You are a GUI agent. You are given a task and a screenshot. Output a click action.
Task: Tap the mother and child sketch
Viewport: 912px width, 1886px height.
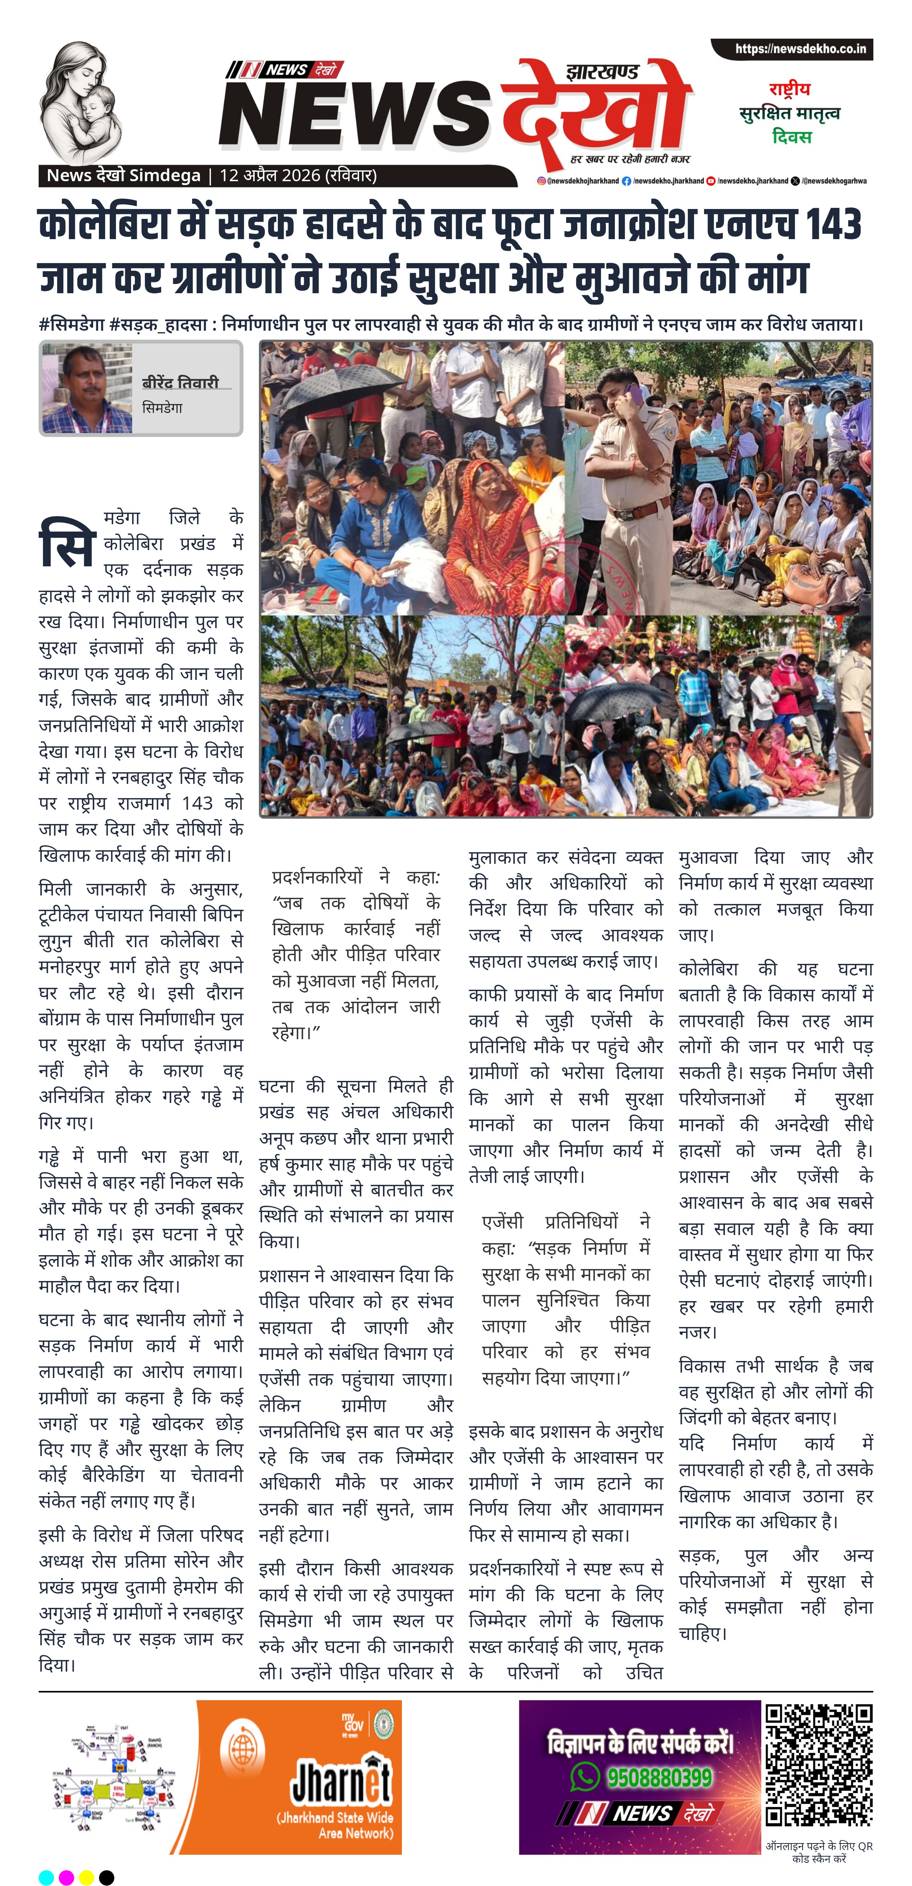[x=81, y=102]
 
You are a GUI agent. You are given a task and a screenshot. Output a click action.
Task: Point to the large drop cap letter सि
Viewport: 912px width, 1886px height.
[x=66, y=543]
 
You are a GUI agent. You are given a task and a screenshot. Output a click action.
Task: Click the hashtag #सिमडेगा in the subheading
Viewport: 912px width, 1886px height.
[x=71, y=325]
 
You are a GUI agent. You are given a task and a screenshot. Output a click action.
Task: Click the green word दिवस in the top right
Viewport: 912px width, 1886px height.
[x=791, y=137]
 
